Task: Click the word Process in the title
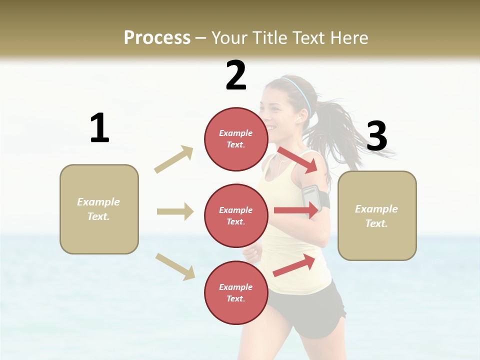point(157,37)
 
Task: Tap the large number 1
point(99,128)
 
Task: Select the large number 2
point(236,75)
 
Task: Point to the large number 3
point(377,136)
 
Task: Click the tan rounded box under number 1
point(99,209)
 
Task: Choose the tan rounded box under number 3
point(377,215)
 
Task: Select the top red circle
point(236,139)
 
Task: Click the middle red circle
point(236,215)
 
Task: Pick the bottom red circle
point(236,292)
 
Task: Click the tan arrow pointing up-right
point(174,159)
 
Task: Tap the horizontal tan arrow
point(175,211)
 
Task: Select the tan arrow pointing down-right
point(175,266)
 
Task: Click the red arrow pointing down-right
point(297,159)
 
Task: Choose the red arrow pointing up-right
point(294,265)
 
